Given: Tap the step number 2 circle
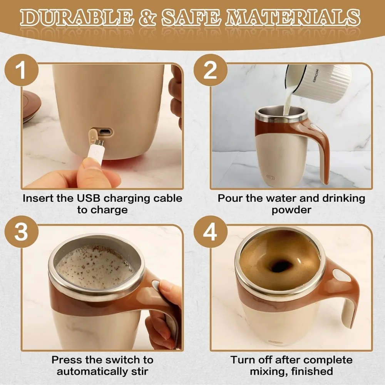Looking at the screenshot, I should tap(210, 71).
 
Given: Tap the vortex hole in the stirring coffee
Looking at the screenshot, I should tap(280, 266).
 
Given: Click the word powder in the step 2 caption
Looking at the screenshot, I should tap(291, 210).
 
